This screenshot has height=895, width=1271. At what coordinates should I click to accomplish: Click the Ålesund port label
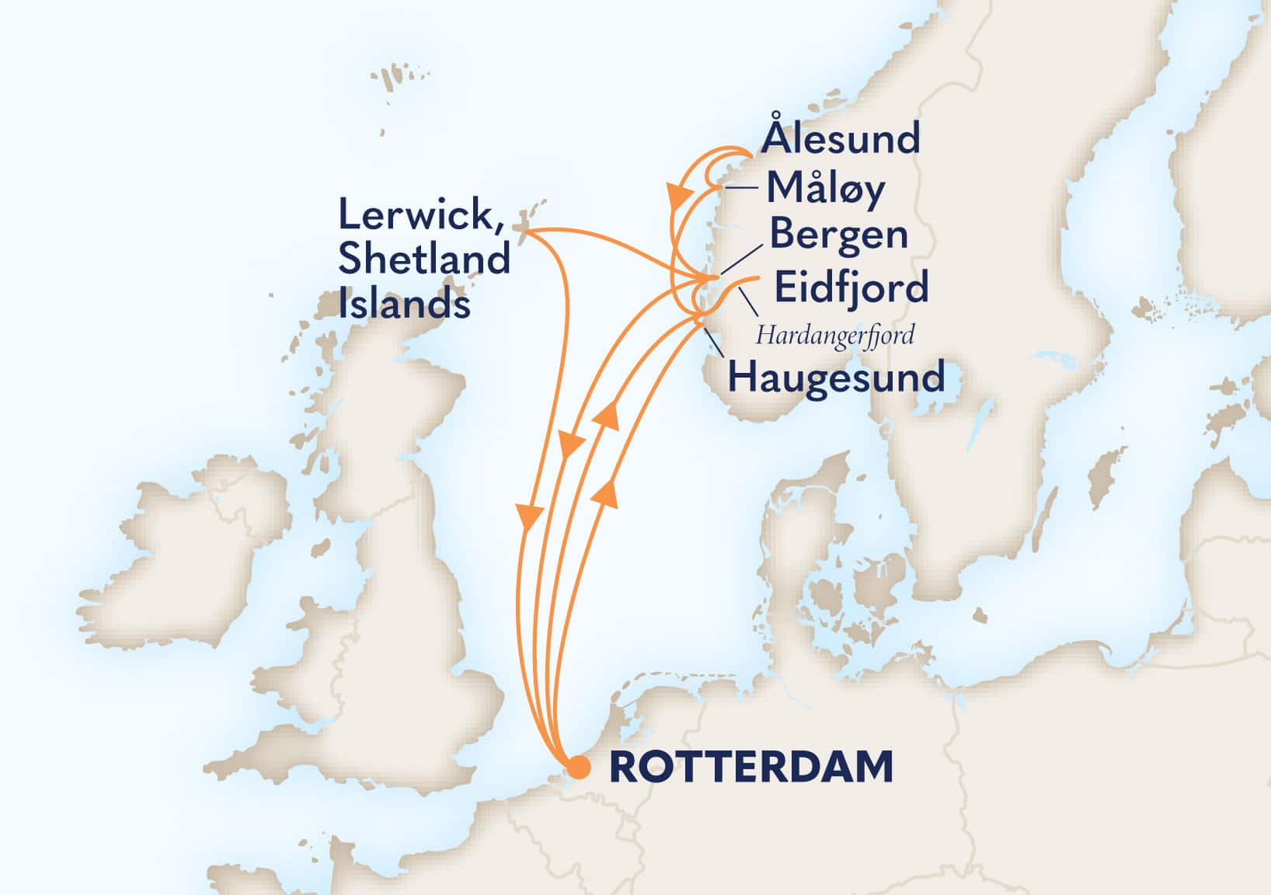click(841, 139)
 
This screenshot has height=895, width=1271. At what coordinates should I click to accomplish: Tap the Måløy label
click(825, 189)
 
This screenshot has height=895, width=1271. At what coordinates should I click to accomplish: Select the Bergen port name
click(838, 235)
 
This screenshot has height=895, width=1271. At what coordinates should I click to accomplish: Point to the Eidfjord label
click(851, 287)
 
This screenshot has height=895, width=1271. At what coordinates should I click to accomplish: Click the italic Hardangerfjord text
click(834, 335)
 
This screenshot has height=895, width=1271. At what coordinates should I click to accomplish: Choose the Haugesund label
click(836, 378)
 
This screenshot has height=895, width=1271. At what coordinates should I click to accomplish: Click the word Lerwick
click(417, 215)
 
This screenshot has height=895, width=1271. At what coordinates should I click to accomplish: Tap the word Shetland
click(423, 259)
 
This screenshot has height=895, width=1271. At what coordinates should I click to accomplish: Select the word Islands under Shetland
click(404, 303)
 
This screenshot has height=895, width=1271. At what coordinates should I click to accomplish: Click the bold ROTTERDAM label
click(750, 768)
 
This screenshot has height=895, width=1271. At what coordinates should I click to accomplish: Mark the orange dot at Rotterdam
click(579, 768)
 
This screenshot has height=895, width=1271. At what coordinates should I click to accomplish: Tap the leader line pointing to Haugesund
click(712, 341)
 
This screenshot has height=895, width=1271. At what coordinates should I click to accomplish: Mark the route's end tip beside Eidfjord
click(756, 278)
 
